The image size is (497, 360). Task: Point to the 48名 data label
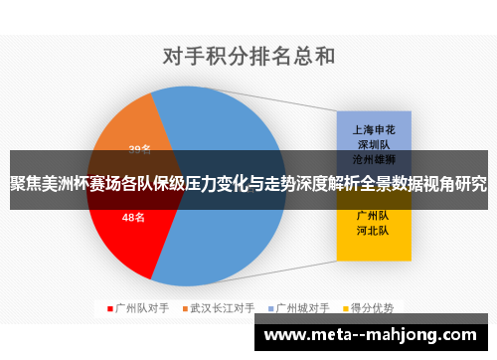tap(133, 216)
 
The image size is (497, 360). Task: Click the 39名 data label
tap(139, 149)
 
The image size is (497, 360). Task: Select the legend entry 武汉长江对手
tap(222, 307)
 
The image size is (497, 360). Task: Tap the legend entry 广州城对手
tap(301, 307)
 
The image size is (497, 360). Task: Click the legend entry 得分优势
tap(370, 307)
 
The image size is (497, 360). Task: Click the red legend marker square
tap(109, 307)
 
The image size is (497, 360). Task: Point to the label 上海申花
tap(372, 129)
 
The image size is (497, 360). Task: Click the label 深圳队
tap(372, 144)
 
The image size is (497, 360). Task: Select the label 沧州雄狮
tap(372, 159)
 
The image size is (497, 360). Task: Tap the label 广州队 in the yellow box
tap(372, 215)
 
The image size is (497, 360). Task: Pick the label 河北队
tap(372, 231)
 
